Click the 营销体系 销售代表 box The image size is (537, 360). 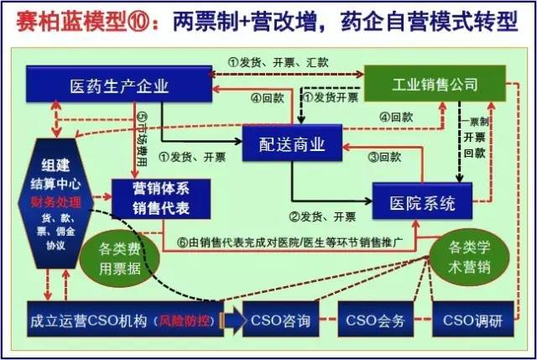coord(159,194)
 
